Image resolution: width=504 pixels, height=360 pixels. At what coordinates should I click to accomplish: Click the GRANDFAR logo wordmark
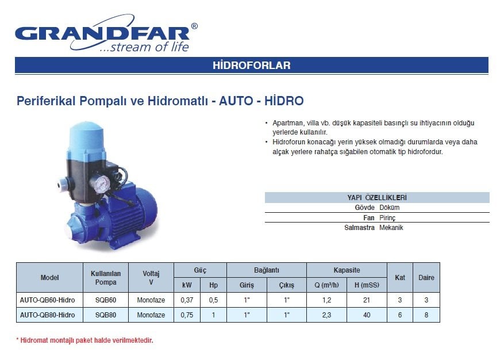click(102, 33)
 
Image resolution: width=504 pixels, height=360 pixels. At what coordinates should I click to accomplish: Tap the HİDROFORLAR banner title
click(252, 66)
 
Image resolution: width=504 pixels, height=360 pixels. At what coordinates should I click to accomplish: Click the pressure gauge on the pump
click(102, 183)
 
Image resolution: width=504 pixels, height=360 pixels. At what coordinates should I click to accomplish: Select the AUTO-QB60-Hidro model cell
click(47, 300)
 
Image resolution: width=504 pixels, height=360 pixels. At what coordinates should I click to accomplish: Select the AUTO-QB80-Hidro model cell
click(47, 315)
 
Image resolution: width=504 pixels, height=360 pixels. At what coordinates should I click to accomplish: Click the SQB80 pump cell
click(106, 315)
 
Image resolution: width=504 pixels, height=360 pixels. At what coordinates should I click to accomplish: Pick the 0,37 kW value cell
click(187, 300)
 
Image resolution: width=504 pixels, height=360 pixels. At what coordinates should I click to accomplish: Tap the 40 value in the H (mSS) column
click(367, 315)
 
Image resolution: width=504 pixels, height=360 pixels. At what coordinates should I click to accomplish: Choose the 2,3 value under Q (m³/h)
click(326, 315)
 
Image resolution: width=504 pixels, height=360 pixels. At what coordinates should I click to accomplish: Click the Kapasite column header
click(347, 270)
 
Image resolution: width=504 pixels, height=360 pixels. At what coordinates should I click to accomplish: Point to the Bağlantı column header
click(267, 270)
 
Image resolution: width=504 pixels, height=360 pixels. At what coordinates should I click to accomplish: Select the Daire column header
click(426, 278)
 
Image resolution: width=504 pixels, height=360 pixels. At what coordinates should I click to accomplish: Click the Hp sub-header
click(213, 285)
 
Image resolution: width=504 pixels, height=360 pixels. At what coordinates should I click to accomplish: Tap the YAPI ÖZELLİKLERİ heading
click(377, 197)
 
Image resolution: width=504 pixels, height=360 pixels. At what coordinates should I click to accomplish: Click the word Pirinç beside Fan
click(387, 218)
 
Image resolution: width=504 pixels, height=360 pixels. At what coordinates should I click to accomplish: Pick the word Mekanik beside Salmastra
click(391, 228)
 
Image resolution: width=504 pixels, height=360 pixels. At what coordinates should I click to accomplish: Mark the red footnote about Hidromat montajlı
click(85, 340)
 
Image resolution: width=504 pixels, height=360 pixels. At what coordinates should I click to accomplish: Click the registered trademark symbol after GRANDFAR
click(194, 26)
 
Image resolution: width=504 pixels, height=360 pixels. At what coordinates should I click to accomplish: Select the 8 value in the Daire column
click(426, 315)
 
